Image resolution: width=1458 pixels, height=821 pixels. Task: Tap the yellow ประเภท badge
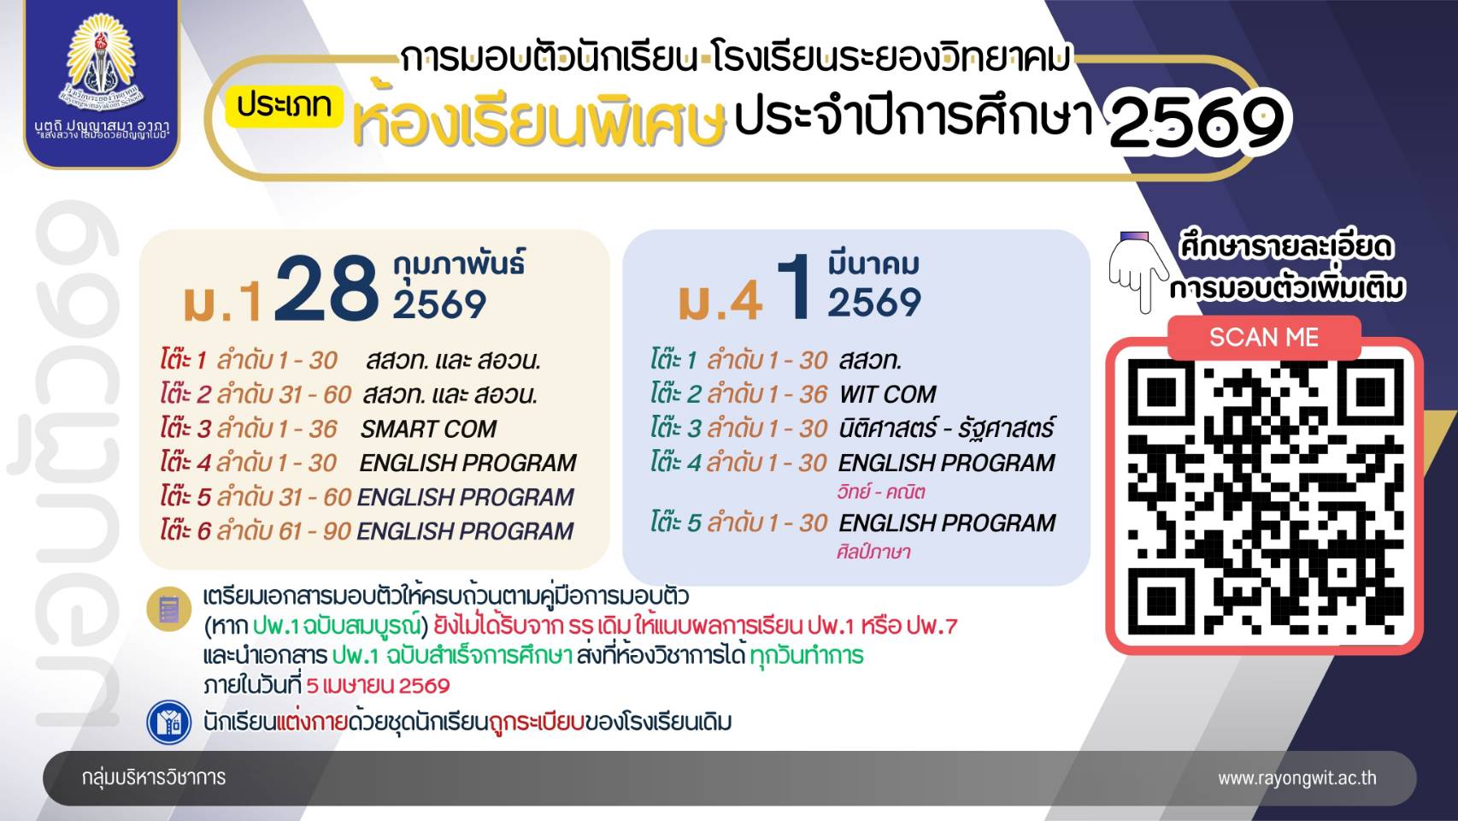coord(285,105)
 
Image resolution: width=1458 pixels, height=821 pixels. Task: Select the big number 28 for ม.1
coord(326,288)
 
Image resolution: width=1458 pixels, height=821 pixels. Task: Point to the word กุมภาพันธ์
coord(459,264)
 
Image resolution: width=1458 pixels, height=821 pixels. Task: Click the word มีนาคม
coord(873,264)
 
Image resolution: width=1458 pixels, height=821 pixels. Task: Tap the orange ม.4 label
coord(720,301)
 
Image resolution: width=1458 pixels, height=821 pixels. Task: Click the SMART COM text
coord(428,428)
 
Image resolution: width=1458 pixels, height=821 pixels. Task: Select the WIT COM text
coord(887,394)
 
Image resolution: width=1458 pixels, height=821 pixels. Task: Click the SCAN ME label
coord(1264,338)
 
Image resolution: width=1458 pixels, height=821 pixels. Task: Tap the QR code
coord(1265,497)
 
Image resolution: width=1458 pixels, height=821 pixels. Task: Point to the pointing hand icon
coord(1138,271)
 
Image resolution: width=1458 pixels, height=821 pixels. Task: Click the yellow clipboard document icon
coord(168,610)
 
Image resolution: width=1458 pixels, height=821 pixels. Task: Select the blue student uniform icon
coord(168,722)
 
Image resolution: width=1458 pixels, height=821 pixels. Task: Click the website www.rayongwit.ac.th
coord(1297,778)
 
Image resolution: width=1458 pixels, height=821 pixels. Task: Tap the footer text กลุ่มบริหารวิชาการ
coord(154,777)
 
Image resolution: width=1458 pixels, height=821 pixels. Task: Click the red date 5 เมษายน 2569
coord(378,686)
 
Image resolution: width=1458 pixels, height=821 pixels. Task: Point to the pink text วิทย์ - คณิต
coord(880,492)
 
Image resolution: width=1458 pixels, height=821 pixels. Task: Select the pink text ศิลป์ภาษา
coord(873,552)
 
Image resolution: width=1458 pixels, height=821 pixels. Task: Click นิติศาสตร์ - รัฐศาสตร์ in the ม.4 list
coord(946,428)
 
